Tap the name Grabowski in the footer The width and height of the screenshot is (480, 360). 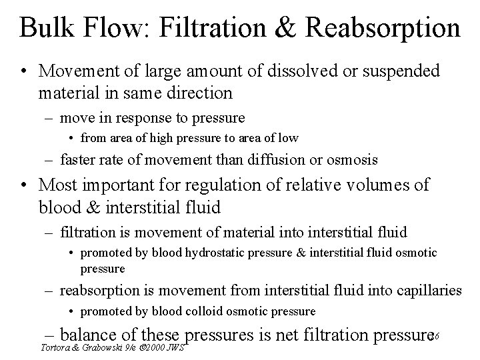pyautogui.click(x=97, y=347)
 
